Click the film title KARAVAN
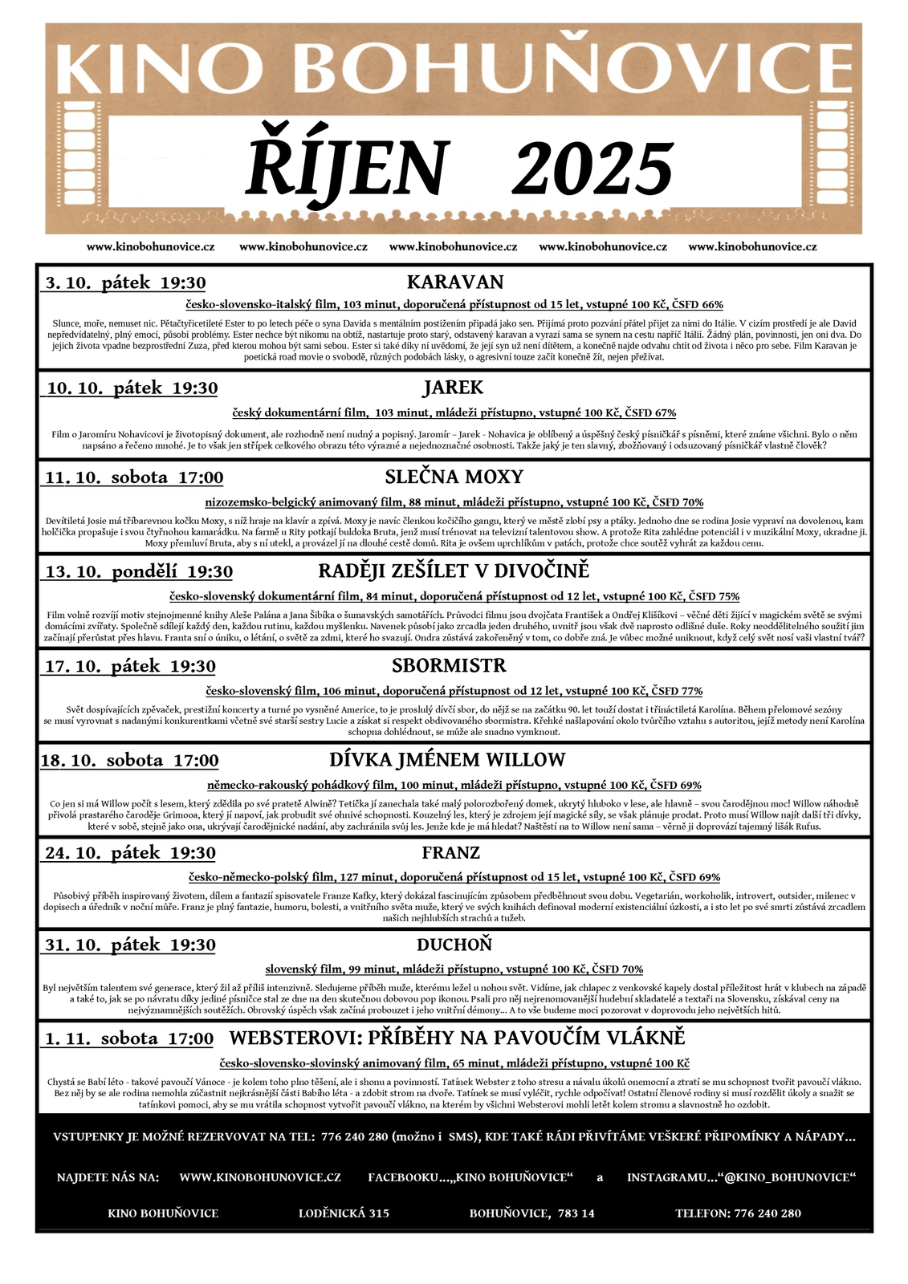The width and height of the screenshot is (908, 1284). point(454,282)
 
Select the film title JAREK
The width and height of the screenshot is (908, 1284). point(454,388)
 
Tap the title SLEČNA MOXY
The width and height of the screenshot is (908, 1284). point(454,477)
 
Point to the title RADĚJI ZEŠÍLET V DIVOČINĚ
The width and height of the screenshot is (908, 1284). point(454,571)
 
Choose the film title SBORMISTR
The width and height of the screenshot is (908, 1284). point(449,666)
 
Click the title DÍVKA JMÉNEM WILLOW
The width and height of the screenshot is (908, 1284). point(447,760)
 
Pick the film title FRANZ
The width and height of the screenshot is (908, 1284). point(450,853)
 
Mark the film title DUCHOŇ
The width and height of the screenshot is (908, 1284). point(454,945)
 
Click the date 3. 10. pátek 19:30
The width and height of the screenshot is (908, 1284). point(125,283)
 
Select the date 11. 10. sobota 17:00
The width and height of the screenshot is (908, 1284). point(134,478)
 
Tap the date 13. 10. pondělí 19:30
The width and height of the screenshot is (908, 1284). point(139,572)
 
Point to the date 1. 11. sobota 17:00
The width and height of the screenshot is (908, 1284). point(129,1039)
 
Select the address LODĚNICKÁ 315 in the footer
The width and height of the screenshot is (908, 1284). point(344,1213)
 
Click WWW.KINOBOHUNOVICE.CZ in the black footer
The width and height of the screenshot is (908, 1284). point(260,1177)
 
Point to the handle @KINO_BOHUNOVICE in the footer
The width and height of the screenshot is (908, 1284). point(788,1177)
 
